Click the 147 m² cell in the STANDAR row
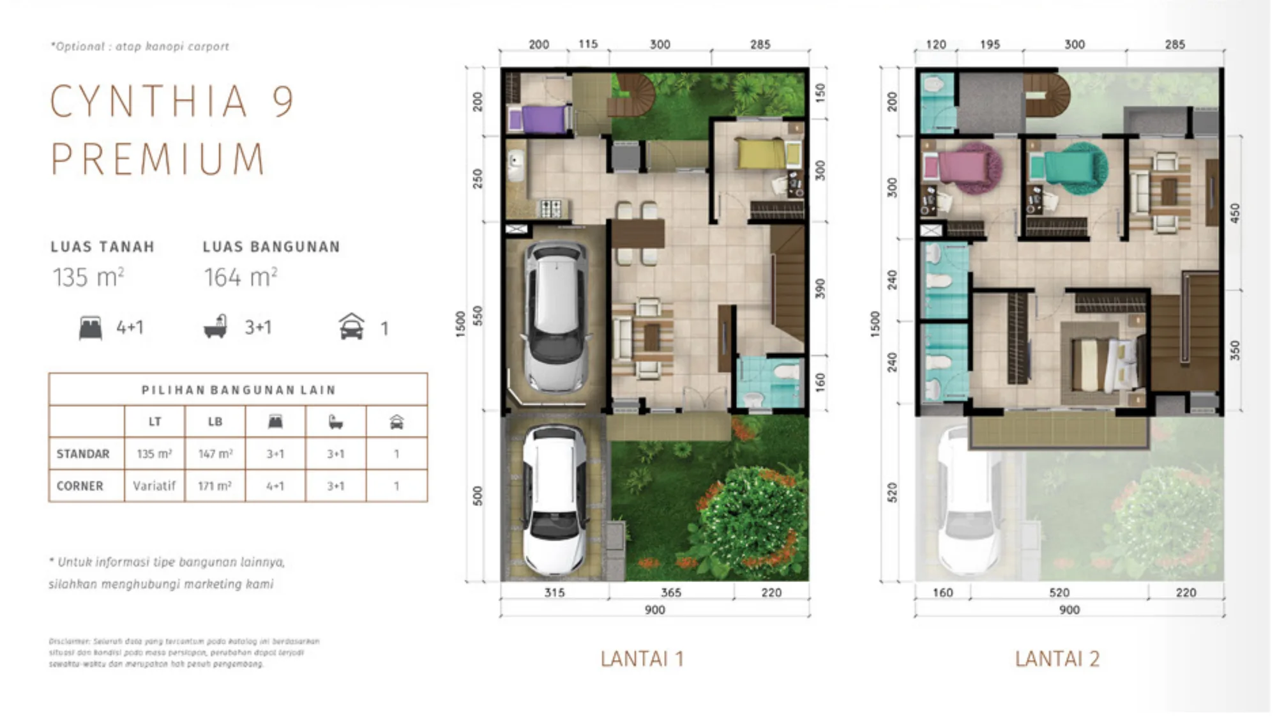pos(215,454)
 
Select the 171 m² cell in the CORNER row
pos(215,486)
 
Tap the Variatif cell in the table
pos(154,486)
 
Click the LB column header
pos(215,422)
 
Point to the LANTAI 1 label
pos(642,659)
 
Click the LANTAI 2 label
pos(1057,659)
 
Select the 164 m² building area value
pos(240,277)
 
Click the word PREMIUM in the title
pos(158,159)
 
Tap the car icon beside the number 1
pos(352,326)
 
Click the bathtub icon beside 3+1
pos(216,326)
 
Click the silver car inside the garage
pos(555,316)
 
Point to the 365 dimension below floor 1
pos(670,592)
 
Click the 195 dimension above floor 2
pos(990,44)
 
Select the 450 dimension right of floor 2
pos(1235,213)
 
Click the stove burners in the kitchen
pos(551,208)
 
